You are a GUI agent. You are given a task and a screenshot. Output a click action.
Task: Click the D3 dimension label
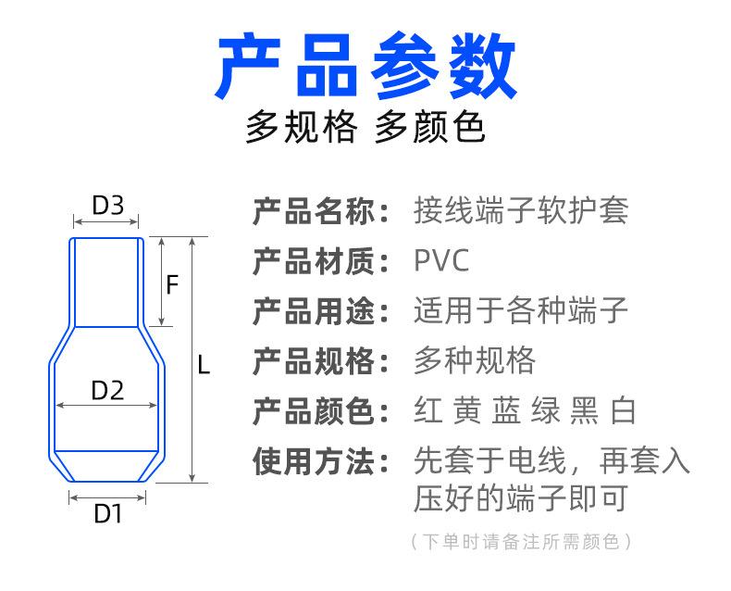click(x=108, y=205)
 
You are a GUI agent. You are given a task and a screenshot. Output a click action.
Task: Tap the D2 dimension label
click(x=107, y=390)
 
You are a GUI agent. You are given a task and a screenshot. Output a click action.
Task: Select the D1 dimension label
click(x=107, y=513)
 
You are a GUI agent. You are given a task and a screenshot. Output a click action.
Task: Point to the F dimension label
click(x=172, y=284)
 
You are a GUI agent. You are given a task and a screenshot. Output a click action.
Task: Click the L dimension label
click(x=204, y=365)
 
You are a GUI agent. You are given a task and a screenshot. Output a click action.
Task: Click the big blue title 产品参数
click(x=365, y=66)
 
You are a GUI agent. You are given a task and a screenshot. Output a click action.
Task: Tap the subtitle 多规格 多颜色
click(x=365, y=127)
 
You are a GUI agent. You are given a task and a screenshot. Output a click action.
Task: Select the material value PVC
click(x=441, y=260)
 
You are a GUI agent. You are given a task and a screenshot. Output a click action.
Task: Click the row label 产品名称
click(x=314, y=211)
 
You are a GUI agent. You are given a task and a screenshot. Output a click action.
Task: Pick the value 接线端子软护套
click(x=521, y=210)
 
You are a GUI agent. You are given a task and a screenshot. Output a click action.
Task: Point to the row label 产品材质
click(x=314, y=261)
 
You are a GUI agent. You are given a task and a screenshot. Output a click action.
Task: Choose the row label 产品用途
click(x=314, y=311)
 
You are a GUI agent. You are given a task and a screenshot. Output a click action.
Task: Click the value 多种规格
click(x=475, y=360)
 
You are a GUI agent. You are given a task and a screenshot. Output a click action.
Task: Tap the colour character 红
click(x=428, y=410)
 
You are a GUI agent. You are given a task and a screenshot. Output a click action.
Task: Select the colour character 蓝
click(x=506, y=410)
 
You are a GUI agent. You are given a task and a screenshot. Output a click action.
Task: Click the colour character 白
click(x=623, y=410)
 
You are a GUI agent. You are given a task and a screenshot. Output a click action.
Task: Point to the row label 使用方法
click(x=314, y=461)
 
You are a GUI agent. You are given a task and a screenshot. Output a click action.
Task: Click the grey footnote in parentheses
click(x=521, y=542)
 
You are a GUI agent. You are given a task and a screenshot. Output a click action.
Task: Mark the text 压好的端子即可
click(x=521, y=498)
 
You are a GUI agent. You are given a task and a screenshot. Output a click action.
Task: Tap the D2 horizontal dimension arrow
click(x=106, y=405)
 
